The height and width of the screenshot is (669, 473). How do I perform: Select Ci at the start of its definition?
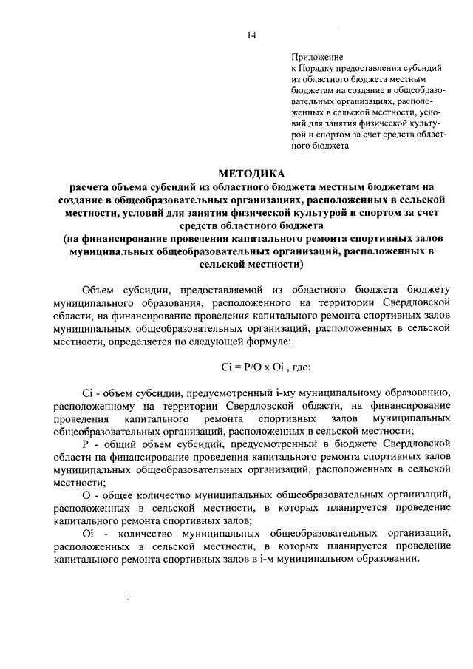click(x=86, y=393)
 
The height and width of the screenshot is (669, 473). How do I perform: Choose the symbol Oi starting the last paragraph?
click(x=87, y=533)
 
